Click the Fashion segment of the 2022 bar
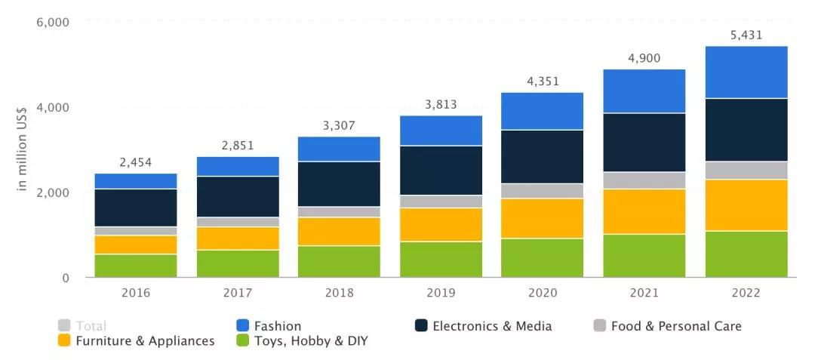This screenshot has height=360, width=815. [x=746, y=72]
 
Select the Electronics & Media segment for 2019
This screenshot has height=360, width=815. [x=441, y=171]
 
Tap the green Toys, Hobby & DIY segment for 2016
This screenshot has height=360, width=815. [x=136, y=266]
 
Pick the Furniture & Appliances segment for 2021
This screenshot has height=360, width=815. [x=644, y=211]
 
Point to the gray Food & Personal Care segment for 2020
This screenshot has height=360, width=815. [x=542, y=191]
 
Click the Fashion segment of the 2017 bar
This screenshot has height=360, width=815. [x=238, y=166]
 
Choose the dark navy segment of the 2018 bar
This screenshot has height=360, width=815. [x=339, y=184]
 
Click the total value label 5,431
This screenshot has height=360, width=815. [x=746, y=35]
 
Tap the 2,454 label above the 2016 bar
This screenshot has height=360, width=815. [x=136, y=162]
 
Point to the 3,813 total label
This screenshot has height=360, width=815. [x=441, y=104]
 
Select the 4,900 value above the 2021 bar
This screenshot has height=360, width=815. [x=644, y=58]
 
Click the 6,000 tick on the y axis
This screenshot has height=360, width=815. [x=54, y=23]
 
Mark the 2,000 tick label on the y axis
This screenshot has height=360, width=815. [x=54, y=192]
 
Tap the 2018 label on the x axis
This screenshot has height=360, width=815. [x=339, y=293]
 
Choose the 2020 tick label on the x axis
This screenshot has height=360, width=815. [x=542, y=293]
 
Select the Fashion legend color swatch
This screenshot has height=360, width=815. [x=243, y=326]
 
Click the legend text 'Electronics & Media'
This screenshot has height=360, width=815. [x=492, y=326]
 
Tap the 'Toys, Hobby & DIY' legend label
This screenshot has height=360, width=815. [x=311, y=341]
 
